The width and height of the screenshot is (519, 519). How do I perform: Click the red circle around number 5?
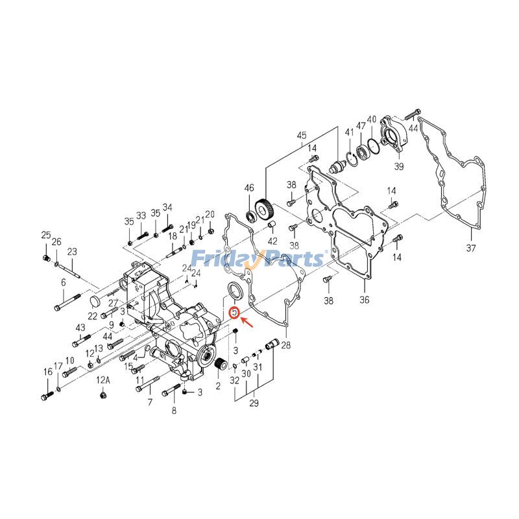(x=234, y=312)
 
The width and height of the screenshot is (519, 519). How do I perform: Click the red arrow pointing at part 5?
(x=247, y=322)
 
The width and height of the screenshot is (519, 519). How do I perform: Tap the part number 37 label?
(x=471, y=248)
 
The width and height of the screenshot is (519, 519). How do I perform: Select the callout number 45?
(x=302, y=135)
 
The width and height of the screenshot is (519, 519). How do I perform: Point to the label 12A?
(x=103, y=380)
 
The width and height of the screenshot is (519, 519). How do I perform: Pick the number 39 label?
(x=399, y=166)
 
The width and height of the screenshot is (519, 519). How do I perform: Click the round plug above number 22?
(x=95, y=302)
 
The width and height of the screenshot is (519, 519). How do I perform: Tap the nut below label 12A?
(x=103, y=394)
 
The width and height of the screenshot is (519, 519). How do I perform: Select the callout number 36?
(x=364, y=300)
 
